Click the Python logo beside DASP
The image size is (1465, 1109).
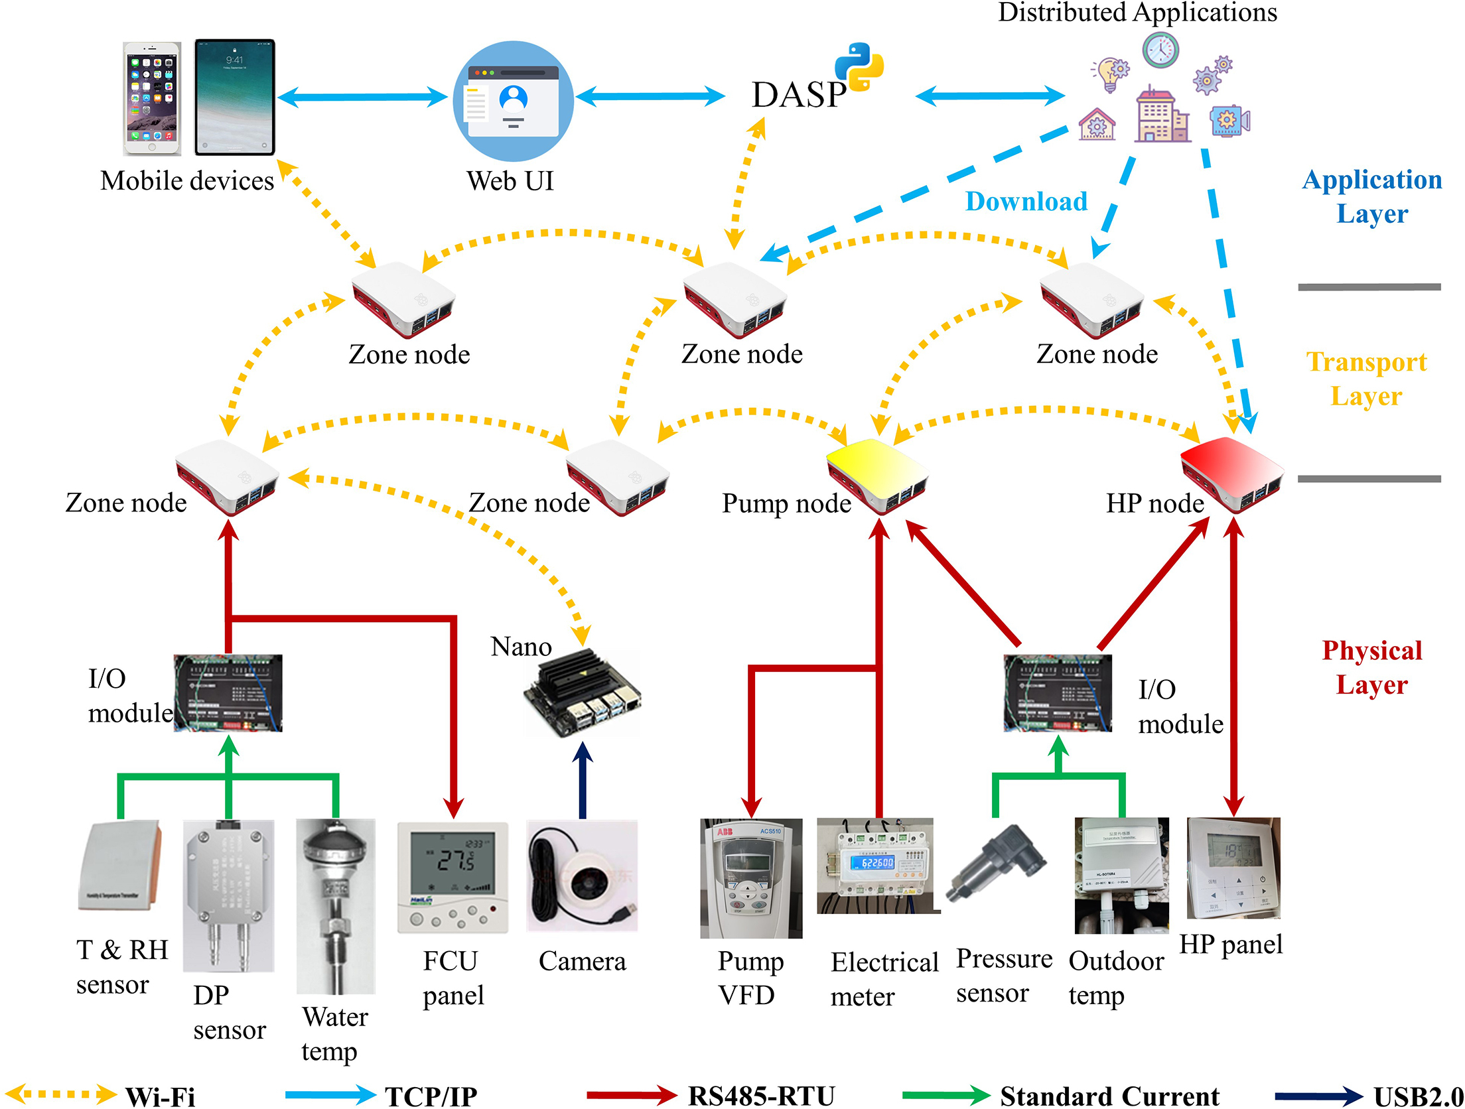[x=859, y=66]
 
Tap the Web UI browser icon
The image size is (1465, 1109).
[x=513, y=101]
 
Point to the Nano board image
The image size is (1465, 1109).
[x=583, y=693]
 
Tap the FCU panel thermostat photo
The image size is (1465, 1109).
[x=453, y=877]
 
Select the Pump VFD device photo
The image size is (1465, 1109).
[x=750, y=877]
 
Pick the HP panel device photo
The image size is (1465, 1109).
[x=1233, y=868]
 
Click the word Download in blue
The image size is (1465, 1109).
[x=1026, y=201]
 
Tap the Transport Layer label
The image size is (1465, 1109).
[x=1367, y=379]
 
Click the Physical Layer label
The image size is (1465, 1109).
[x=1371, y=667]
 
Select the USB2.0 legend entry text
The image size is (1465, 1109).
[x=1417, y=1096]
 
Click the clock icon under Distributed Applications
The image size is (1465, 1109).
[x=1160, y=50]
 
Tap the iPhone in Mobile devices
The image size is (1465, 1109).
[x=152, y=99]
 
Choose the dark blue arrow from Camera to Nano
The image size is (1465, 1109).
[x=582, y=780]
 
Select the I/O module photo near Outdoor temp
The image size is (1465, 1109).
[x=1058, y=693]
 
